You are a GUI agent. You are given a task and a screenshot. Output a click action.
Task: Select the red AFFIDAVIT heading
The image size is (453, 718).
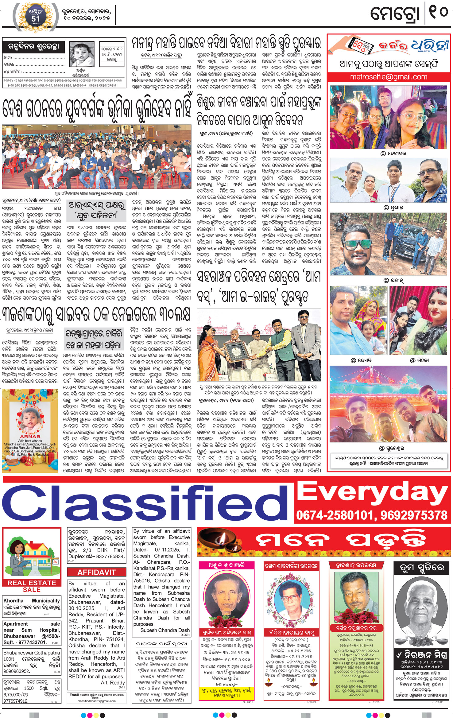pyautogui.click(x=96, y=572)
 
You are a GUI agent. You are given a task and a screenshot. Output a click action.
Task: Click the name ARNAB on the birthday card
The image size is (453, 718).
pyautogui.click(x=30, y=436)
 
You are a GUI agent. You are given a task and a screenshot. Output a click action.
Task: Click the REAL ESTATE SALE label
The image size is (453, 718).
pyautogui.click(x=32, y=586)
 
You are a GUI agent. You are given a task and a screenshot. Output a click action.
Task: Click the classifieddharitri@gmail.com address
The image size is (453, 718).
pyautogui.click(x=96, y=701)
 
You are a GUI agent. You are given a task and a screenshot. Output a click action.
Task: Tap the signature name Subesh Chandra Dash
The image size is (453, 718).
pyautogui.click(x=165, y=630)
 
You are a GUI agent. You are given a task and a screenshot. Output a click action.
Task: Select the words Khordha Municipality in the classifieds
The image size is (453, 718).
pyautogui.click(x=32, y=600)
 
